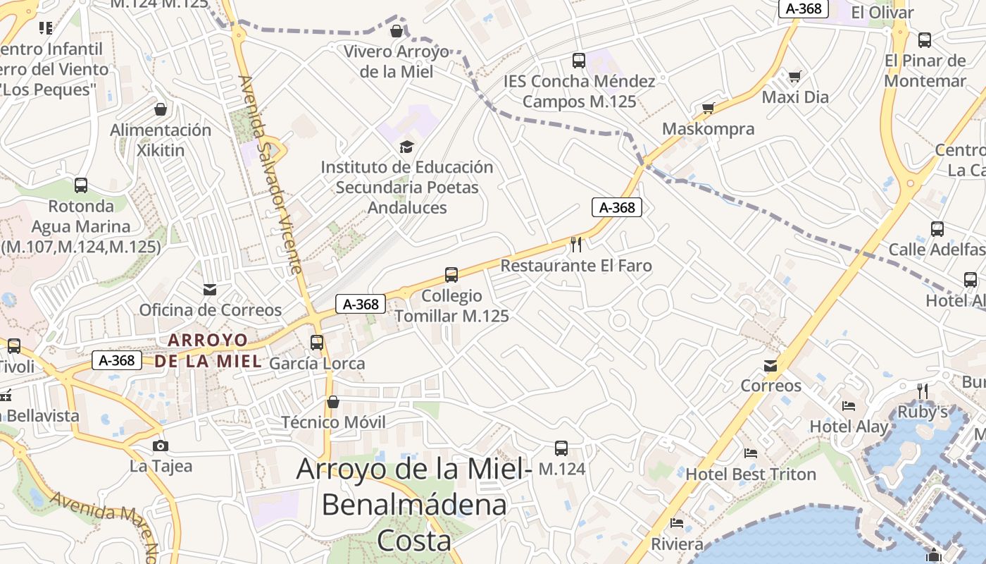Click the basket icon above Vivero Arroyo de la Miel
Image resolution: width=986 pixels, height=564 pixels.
[397, 31]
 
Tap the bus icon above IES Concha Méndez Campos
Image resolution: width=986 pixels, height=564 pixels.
[579, 61]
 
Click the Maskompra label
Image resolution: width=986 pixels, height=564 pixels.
[709, 129]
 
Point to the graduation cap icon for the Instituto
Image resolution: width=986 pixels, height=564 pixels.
[407, 147]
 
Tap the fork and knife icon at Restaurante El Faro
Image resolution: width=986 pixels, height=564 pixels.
[576, 245]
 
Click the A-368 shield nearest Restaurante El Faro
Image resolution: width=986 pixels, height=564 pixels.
[617, 207]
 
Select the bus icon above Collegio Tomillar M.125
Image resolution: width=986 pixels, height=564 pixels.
[451, 275]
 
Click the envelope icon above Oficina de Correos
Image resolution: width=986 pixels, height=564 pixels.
[210, 289]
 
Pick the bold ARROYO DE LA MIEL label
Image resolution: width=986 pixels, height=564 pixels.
[208, 351]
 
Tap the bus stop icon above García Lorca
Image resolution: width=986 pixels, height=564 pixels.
[317, 343]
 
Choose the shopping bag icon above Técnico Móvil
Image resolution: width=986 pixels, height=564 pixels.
[333, 402]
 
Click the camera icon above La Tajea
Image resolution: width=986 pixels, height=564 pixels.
[161, 446]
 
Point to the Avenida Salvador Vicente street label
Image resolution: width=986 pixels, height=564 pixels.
[270, 175]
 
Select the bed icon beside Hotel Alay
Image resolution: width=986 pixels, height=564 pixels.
[849, 406]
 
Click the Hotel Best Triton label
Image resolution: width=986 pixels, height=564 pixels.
[751, 474]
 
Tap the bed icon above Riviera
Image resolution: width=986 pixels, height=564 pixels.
[677, 523]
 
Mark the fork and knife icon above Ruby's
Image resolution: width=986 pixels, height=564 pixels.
[922, 391]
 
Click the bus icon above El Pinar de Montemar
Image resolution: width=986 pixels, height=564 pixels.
[925, 40]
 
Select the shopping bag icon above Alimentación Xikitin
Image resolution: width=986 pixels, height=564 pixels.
[161, 109]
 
